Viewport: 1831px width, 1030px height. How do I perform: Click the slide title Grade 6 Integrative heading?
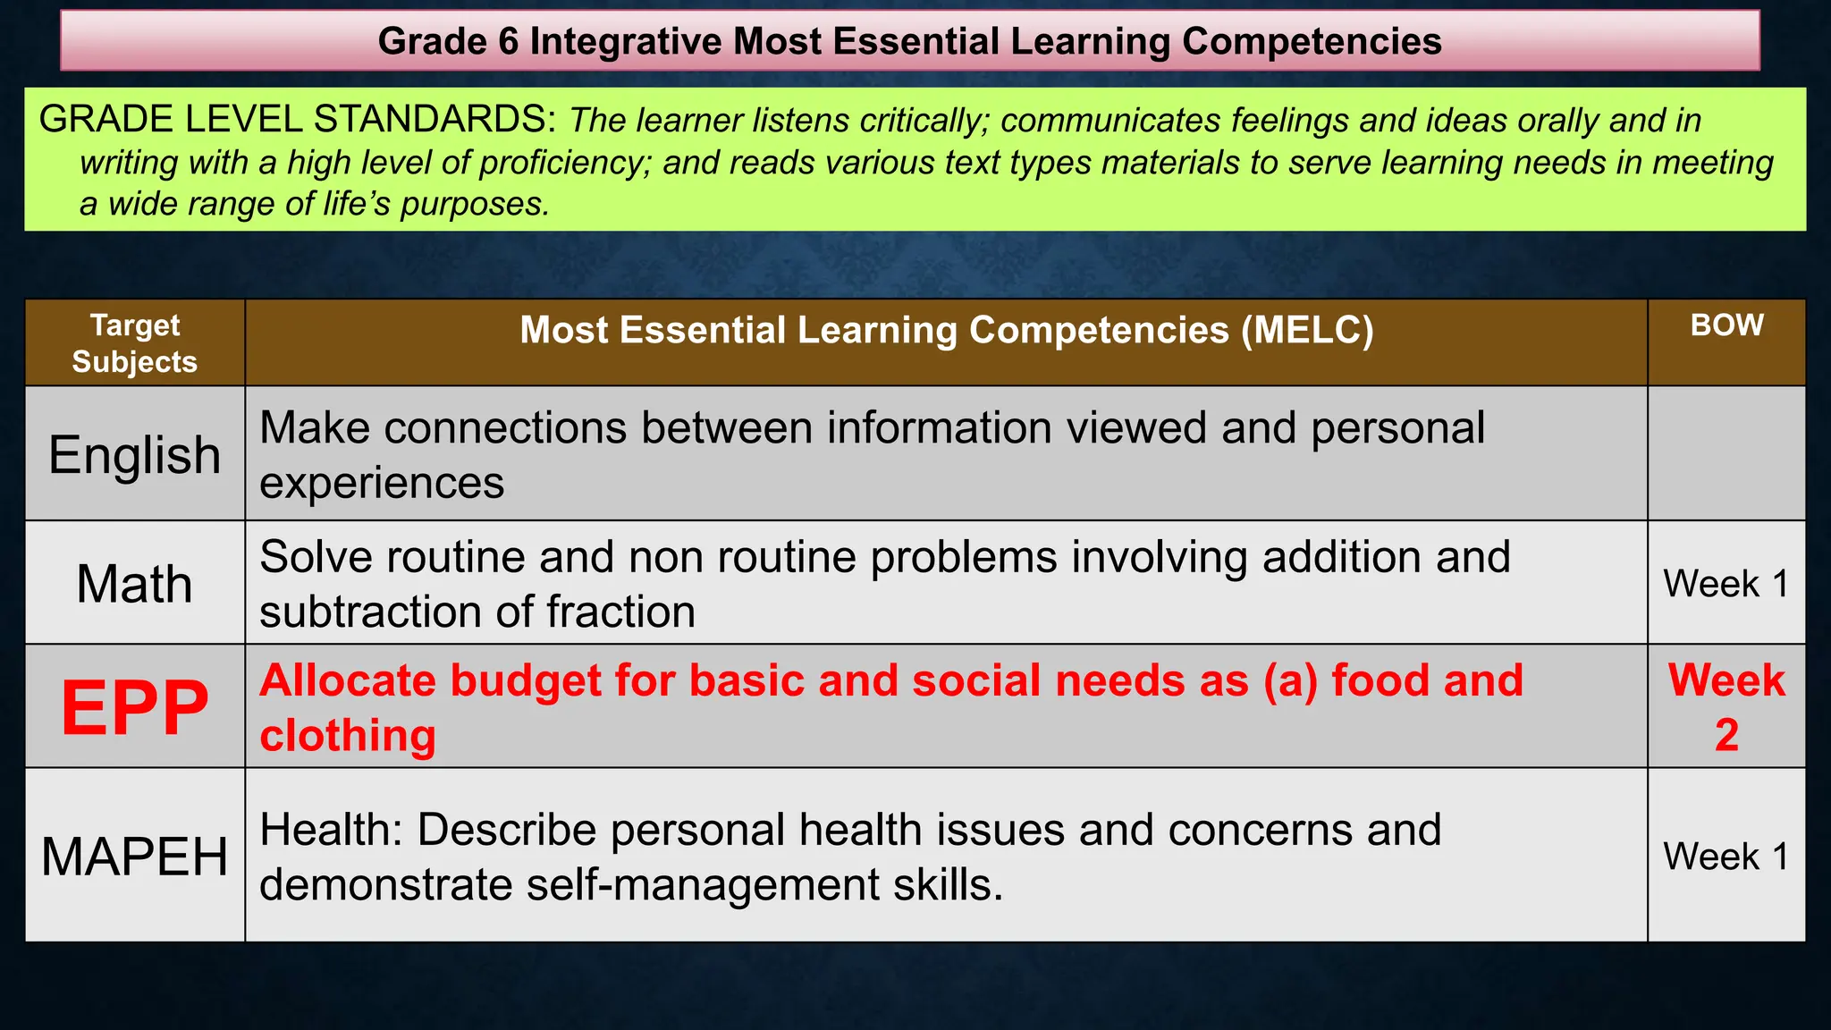click(x=909, y=41)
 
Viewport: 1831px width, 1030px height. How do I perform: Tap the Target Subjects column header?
click(x=134, y=343)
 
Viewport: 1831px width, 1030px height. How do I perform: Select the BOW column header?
click(x=1726, y=325)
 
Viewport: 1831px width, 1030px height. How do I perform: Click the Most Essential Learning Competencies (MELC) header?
click(x=946, y=330)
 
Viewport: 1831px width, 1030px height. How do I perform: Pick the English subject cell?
click(x=134, y=454)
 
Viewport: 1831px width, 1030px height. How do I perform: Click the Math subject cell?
click(x=134, y=584)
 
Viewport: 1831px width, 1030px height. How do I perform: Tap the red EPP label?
click(x=134, y=707)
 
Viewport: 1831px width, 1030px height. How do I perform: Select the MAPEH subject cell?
click(x=134, y=856)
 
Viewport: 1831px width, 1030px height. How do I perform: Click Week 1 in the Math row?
click(x=1726, y=584)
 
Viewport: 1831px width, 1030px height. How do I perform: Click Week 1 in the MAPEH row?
click(x=1726, y=856)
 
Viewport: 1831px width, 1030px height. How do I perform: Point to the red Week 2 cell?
click(x=1726, y=706)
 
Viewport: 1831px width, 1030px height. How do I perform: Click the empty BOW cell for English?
click(x=1726, y=453)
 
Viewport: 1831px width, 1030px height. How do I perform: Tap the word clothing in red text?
click(x=348, y=736)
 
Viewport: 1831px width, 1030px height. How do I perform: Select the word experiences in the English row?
click(x=382, y=484)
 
